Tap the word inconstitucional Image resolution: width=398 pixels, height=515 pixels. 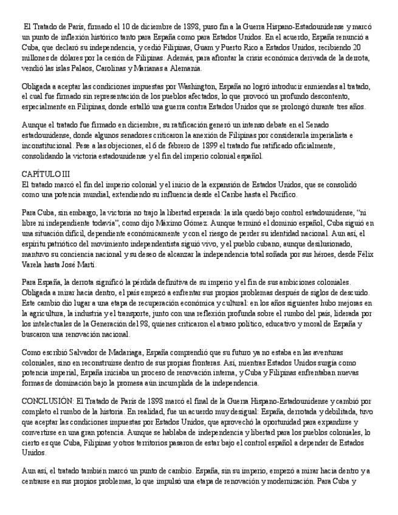[46, 146]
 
